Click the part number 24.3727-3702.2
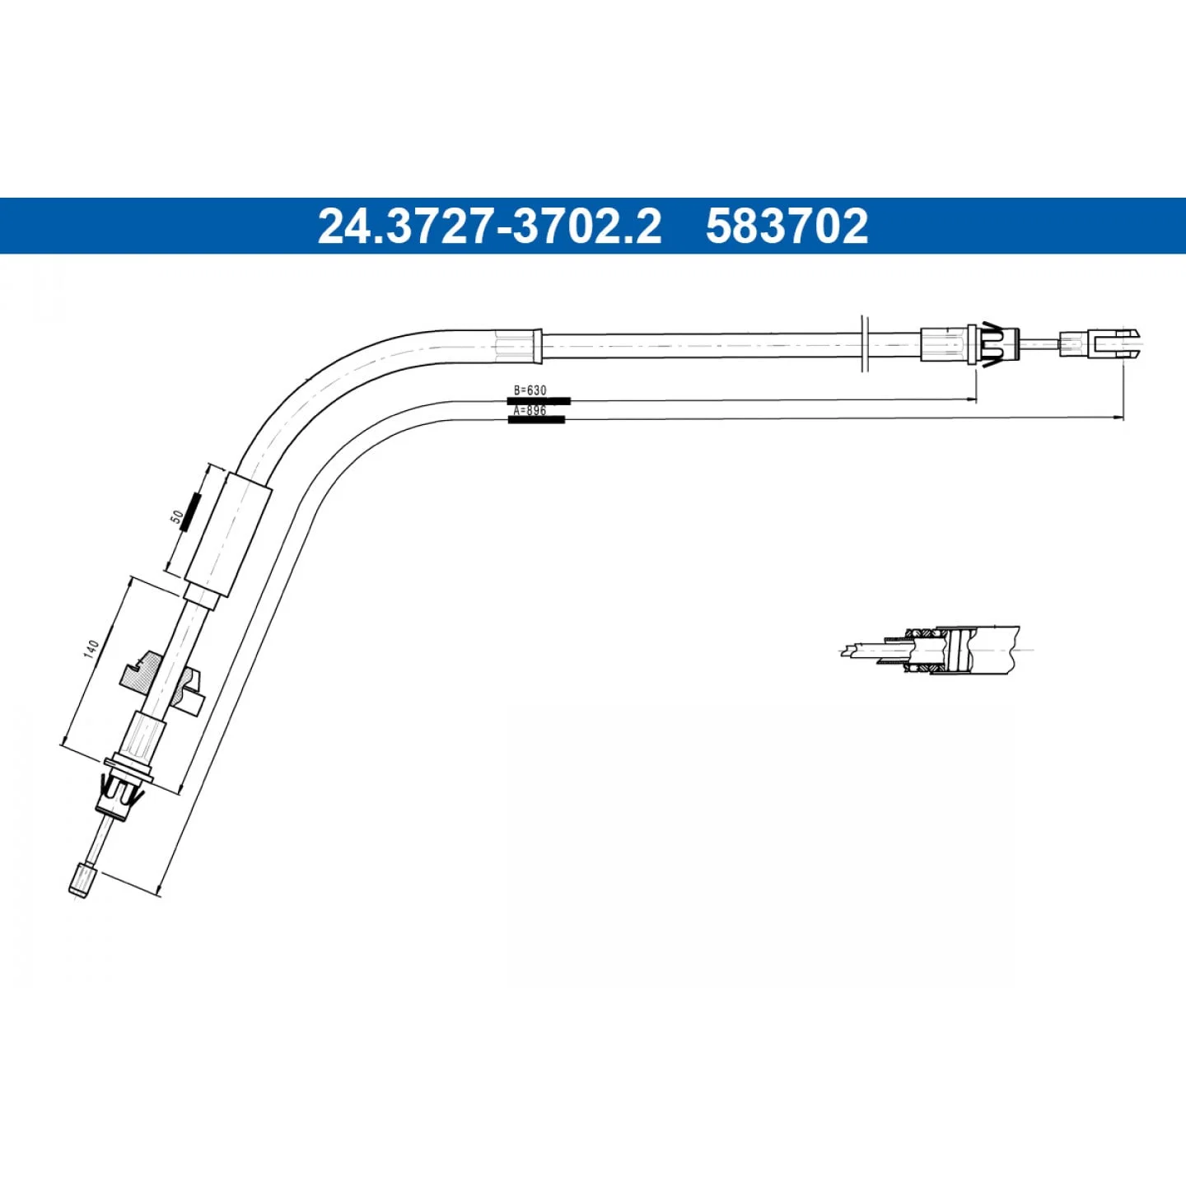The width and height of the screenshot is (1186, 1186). [489, 226]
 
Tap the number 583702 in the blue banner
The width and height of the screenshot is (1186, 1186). [787, 226]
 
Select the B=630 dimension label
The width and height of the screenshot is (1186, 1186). [530, 390]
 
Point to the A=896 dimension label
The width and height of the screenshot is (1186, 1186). [530, 410]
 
